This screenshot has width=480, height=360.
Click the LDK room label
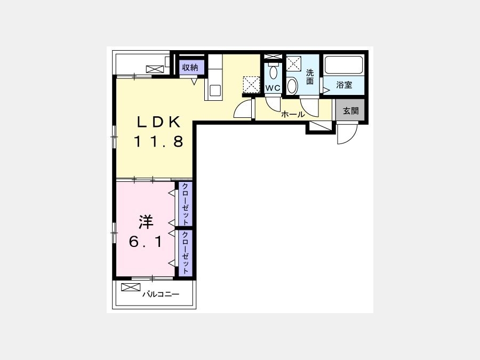(x=158, y=123)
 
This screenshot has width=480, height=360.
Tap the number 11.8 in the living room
(x=158, y=141)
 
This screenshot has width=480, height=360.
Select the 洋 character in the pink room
(x=146, y=222)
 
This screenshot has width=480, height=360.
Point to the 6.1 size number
(x=146, y=242)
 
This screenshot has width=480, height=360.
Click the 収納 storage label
(x=190, y=67)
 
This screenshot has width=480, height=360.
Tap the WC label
(x=273, y=88)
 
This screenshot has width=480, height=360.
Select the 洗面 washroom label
(x=310, y=77)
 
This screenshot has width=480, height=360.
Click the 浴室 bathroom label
(x=344, y=85)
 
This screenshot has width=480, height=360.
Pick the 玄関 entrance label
(x=350, y=110)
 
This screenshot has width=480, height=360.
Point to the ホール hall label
(x=293, y=115)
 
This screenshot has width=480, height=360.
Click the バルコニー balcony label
(x=161, y=294)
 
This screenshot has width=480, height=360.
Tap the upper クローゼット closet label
(x=185, y=204)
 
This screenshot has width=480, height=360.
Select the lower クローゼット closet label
(x=185, y=253)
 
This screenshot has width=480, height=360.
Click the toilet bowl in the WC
(x=273, y=71)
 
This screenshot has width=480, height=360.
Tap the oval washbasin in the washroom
(x=292, y=86)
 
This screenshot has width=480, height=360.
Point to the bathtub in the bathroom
(x=344, y=65)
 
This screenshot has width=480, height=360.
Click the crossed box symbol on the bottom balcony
(x=131, y=287)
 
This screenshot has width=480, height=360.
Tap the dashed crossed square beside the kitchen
(x=251, y=84)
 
